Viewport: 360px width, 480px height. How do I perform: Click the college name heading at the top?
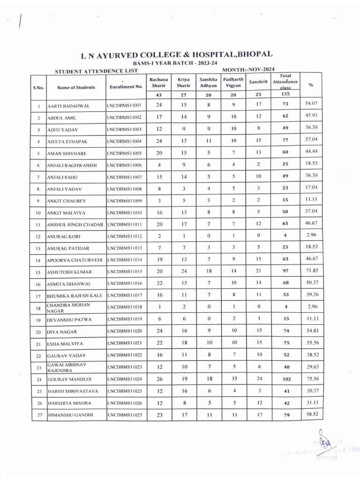click(177, 55)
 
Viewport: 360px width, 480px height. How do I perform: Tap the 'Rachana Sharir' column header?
click(159, 82)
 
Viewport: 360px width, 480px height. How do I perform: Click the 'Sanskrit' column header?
click(258, 82)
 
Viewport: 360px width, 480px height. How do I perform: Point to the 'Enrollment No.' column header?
click(126, 87)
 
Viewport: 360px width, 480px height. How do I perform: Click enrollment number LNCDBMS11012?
click(124, 236)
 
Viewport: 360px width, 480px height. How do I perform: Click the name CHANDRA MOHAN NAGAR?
click(68, 307)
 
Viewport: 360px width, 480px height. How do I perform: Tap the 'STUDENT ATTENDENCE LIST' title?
click(96, 71)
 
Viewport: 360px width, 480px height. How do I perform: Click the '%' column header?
click(311, 85)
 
